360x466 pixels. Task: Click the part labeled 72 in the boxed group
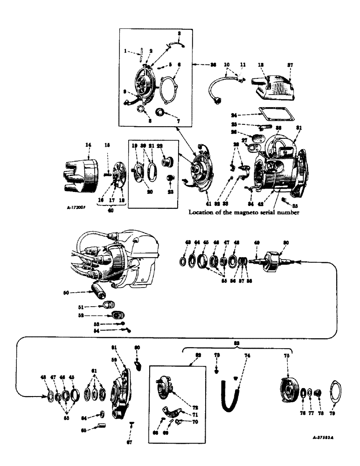(165, 379)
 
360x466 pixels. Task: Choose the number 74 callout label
(247, 355)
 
